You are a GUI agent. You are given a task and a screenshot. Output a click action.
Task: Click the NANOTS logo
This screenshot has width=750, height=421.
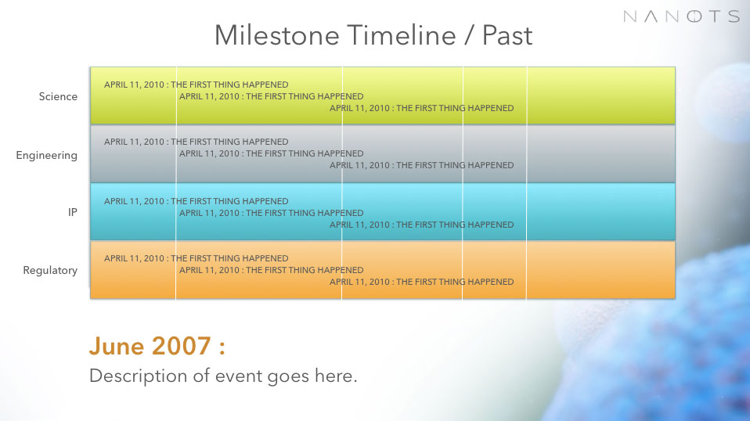[x=682, y=16]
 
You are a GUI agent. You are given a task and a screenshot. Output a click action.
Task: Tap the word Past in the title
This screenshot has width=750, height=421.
[x=507, y=35]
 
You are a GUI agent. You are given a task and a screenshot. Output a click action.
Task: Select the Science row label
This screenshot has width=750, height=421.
[x=58, y=96]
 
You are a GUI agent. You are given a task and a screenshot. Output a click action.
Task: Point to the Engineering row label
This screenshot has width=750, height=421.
[x=46, y=155]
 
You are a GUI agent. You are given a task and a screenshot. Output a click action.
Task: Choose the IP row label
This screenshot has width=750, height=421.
[x=73, y=212]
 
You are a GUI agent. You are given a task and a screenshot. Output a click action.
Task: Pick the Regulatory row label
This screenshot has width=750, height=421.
[x=50, y=271]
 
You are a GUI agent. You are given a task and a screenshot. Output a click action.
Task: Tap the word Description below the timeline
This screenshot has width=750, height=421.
[x=139, y=376]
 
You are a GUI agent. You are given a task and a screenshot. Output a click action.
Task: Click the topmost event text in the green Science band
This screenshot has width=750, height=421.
[x=196, y=85]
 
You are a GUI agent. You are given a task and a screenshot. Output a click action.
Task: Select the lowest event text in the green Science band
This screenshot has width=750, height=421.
[x=421, y=108]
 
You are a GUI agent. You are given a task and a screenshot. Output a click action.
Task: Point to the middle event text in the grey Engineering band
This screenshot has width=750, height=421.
[x=271, y=153]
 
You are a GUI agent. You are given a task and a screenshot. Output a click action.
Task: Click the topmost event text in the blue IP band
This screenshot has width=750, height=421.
[x=196, y=201]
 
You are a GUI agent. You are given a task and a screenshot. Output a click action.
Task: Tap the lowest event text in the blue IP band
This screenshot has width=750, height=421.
[x=421, y=225]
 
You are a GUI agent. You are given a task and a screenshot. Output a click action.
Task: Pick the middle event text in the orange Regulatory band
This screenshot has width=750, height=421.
[x=271, y=270]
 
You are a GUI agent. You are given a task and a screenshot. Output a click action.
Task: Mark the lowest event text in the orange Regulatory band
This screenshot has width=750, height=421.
[x=421, y=282]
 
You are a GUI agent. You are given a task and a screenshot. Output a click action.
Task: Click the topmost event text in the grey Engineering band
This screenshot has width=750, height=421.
[x=196, y=142]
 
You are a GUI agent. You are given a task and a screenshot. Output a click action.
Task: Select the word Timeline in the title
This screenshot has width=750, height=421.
[x=402, y=35]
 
